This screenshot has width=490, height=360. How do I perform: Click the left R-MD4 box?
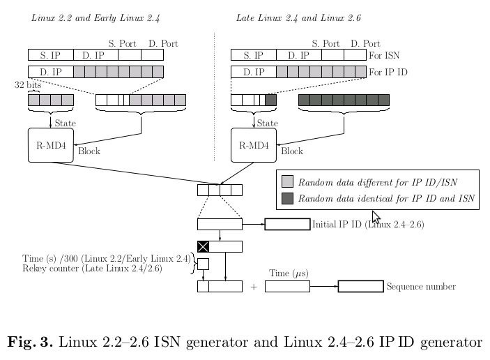51,145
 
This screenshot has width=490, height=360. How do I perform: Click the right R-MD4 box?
254,145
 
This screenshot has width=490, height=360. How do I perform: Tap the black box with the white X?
203,246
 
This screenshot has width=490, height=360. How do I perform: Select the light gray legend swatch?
287,181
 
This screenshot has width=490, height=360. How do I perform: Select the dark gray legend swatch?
287,198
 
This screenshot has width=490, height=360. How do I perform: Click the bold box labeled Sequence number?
361,286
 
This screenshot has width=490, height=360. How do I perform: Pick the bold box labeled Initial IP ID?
287,224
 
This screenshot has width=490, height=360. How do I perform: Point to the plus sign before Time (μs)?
254,287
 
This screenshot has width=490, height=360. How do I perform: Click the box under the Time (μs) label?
287,286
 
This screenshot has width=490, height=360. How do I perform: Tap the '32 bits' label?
28,84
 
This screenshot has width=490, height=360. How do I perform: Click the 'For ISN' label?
384,55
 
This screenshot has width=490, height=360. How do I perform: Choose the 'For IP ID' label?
388,73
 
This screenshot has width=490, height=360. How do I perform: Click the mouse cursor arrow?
376,217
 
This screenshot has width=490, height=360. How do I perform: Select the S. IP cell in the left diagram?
51,54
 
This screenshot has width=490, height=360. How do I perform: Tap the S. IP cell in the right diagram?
254,54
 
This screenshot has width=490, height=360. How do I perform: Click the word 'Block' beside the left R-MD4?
89,151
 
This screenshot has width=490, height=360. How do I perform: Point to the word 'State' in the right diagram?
268,123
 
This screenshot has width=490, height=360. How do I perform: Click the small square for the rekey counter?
203,264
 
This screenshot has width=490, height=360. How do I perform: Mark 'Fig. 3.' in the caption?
30,341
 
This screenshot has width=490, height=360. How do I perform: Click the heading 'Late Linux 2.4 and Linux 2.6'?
298,18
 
